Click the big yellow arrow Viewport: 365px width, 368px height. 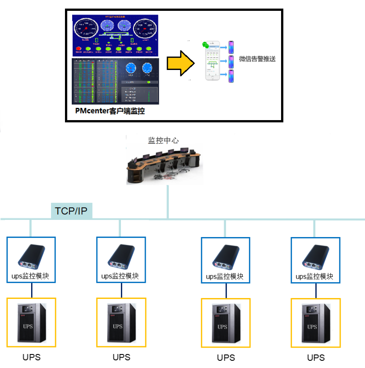point(180,63)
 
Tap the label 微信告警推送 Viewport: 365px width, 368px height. point(257,59)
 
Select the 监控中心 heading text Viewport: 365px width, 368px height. point(163,140)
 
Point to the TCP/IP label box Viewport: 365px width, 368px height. point(71,211)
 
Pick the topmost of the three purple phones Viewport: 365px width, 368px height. point(231,47)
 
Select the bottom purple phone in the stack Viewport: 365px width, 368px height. point(231,76)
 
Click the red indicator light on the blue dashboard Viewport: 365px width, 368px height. point(79,48)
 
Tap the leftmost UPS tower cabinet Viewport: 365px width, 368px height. point(32,322)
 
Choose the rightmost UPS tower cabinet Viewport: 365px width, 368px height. point(316,322)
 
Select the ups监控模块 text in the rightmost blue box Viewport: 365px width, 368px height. point(315,276)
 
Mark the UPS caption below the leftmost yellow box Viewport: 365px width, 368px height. point(32,357)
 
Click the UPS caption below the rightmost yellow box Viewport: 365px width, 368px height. point(316,358)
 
